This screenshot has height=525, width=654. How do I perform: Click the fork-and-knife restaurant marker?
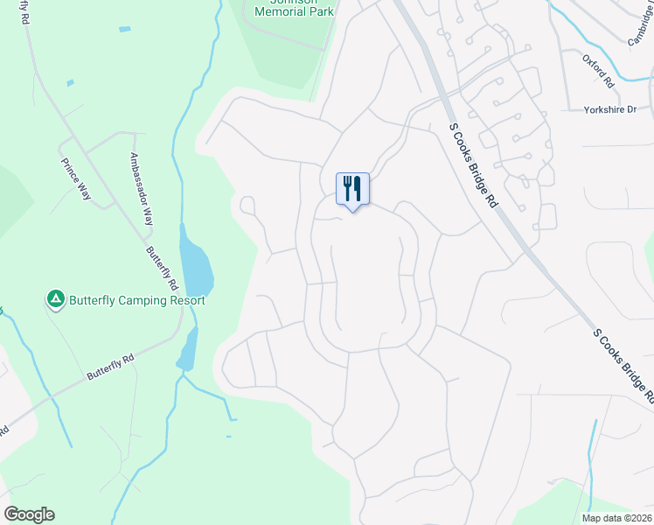353,187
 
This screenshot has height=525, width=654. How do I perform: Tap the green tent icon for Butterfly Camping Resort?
55,300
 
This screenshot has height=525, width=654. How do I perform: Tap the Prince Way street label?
76,178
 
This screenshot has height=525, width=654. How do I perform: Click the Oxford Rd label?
599,70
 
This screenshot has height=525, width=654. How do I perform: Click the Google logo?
29,514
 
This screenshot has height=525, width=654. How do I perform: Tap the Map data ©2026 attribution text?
616,517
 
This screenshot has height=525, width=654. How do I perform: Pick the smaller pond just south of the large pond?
186,355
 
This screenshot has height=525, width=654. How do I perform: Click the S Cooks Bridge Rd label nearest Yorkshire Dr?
473,164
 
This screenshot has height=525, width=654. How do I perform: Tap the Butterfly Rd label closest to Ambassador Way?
163,268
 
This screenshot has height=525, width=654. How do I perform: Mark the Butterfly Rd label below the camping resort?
110,367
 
